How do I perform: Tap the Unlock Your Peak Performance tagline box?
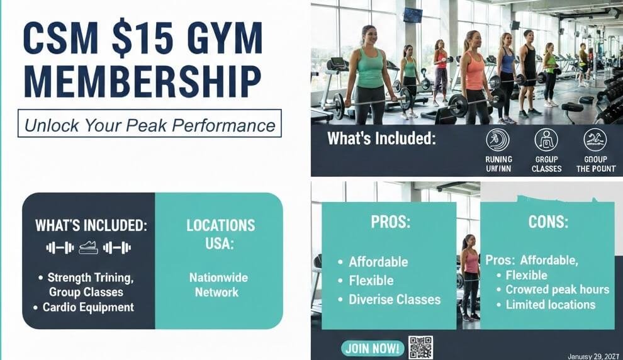pyautogui.click(x=150, y=124)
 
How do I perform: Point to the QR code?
pyautogui.click(x=420, y=347)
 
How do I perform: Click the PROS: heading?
pyautogui.click(x=388, y=222)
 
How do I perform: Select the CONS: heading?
pyautogui.click(x=547, y=222)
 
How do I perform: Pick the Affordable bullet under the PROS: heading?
pyautogui.click(x=378, y=262)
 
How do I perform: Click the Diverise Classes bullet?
pyautogui.click(x=395, y=300)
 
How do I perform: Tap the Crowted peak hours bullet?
pyautogui.click(x=558, y=290)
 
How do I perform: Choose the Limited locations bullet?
pyautogui.click(x=550, y=305)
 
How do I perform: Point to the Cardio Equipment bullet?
pyautogui.click(x=88, y=307)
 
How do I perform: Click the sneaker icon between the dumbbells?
pyautogui.click(x=88, y=248)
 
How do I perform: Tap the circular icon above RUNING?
pyautogui.click(x=498, y=140)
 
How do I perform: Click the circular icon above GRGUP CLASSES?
pyautogui.click(x=546, y=140)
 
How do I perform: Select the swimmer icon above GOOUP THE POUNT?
pyautogui.click(x=595, y=140)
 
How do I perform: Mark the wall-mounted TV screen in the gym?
pyautogui.click(x=413, y=14)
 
